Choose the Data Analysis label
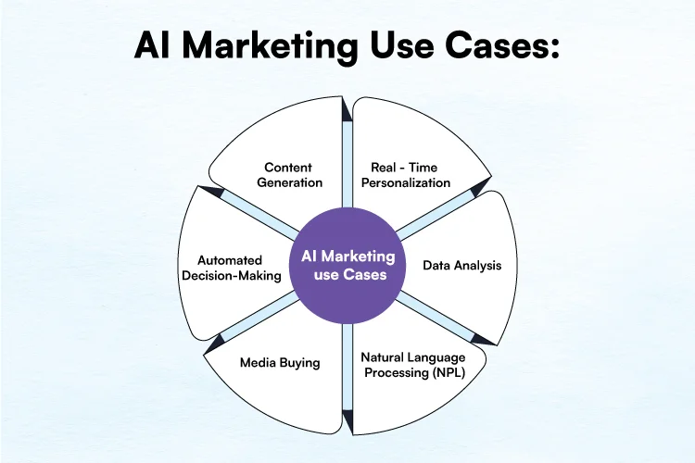pos(461,266)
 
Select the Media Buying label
pos(280,362)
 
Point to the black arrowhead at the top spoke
pos(347,109)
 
